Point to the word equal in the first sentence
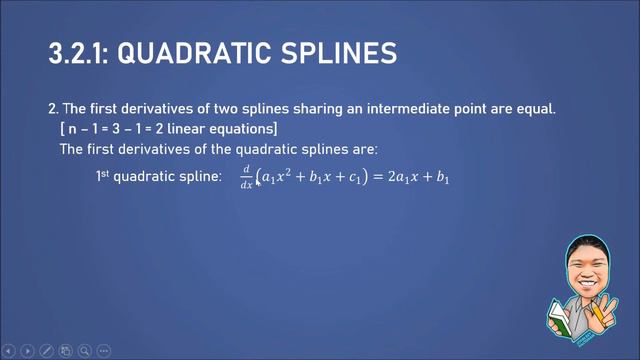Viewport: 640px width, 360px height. pos(535,108)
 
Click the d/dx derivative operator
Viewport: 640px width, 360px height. pos(246,178)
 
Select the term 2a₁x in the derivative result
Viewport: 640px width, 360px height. pos(398,179)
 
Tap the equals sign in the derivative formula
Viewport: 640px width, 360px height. pos(377,179)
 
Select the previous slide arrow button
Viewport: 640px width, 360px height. pos(8,351)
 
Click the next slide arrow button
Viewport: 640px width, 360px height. pos(27,351)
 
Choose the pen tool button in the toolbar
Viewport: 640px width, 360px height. pos(46,351)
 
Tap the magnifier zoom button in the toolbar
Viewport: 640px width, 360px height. pos(85,351)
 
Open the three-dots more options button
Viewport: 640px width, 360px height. pos(104,351)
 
